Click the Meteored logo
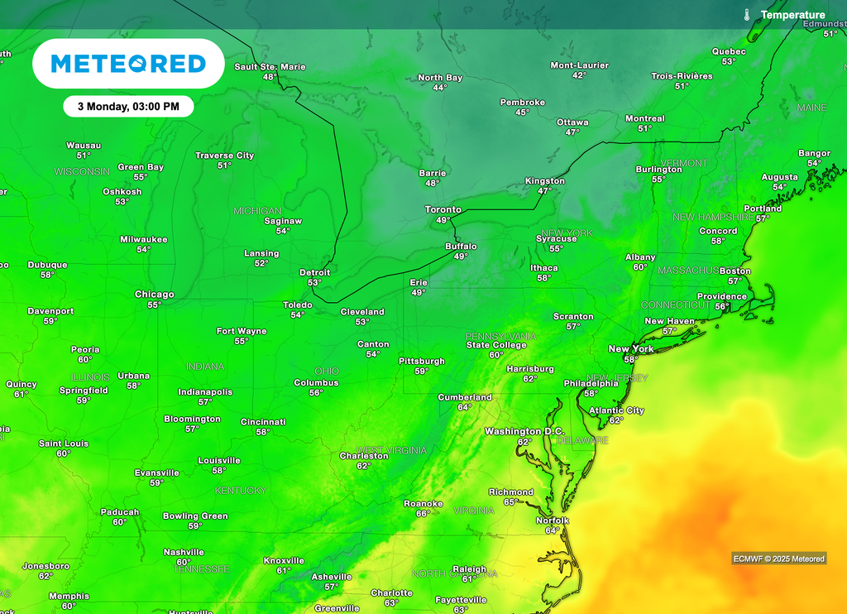point(128,64)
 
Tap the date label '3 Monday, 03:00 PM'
point(128,107)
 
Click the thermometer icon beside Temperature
point(746,15)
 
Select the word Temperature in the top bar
point(792,15)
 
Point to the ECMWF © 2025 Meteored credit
point(778,559)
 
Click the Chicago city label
point(155,295)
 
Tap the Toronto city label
point(443,209)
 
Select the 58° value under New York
point(631,360)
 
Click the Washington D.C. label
point(524,431)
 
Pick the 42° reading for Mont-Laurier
point(579,75)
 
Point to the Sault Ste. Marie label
point(270,66)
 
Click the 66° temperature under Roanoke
point(423,514)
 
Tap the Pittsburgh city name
point(422,361)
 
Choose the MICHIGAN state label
point(257,211)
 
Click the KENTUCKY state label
point(241,491)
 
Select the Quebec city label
point(729,51)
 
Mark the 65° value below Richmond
point(511,502)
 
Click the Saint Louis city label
point(64,444)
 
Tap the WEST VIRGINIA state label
point(391,450)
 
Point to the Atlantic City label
point(616,410)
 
